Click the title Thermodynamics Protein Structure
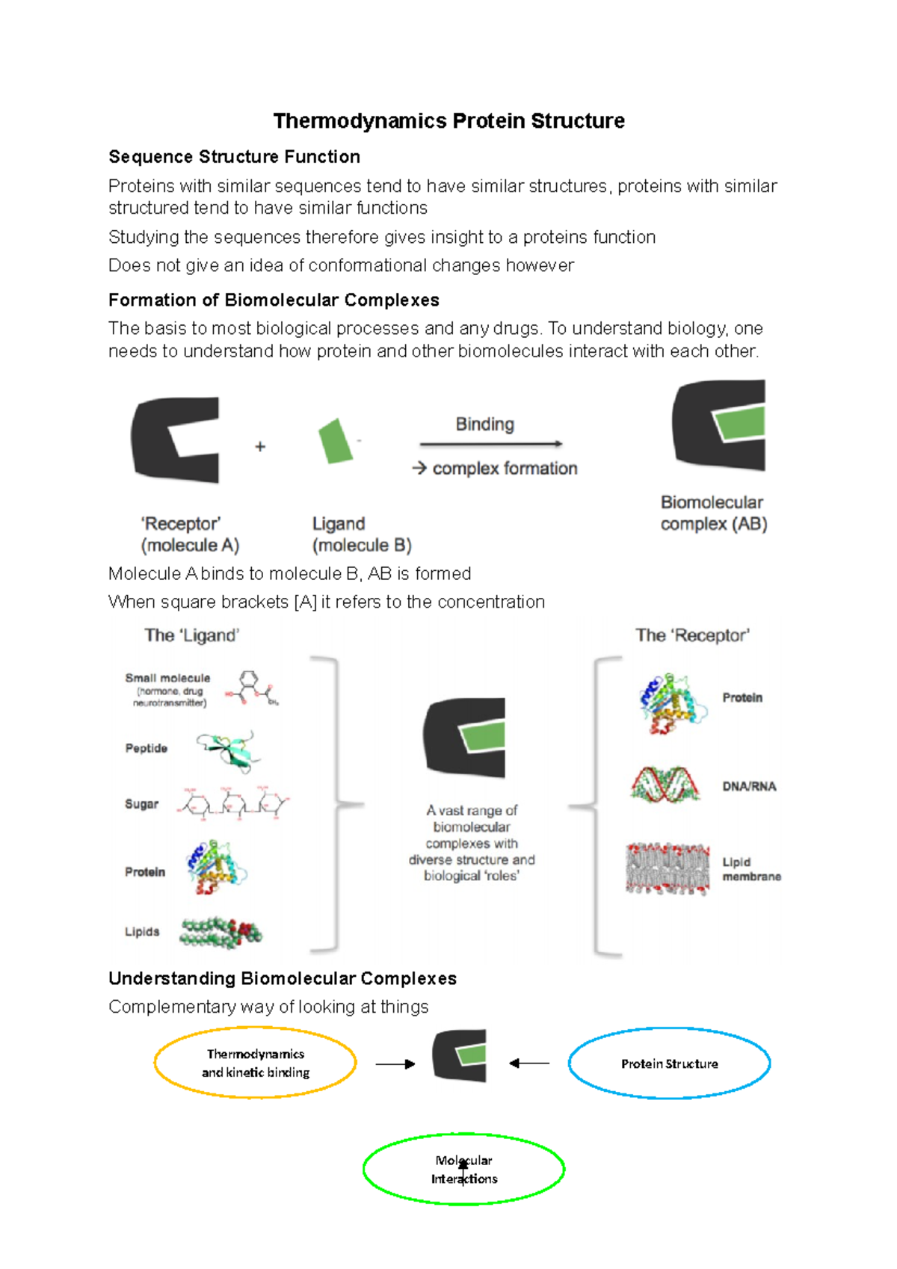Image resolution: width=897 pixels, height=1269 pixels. [x=449, y=121]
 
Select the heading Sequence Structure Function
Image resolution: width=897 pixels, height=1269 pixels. [x=234, y=157]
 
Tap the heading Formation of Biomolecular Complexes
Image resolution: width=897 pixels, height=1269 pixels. [x=274, y=300]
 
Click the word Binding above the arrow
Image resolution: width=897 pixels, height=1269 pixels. [x=485, y=424]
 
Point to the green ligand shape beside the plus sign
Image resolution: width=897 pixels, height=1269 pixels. [x=336, y=441]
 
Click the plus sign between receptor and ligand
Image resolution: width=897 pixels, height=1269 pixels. [x=260, y=447]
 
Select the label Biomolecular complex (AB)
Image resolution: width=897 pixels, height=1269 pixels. [x=713, y=513]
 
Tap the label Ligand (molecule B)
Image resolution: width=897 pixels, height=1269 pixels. [x=361, y=534]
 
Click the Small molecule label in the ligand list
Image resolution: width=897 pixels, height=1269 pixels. [x=167, y=679]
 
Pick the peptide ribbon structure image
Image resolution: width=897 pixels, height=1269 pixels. [x=229, y=750]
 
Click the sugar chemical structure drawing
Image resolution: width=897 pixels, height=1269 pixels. [x=233, y=804]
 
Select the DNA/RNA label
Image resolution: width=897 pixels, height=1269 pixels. [x=749, y=786]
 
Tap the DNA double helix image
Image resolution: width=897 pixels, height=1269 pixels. [x=665, y=785]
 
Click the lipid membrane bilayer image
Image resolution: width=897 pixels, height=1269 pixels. [x=668, y=868]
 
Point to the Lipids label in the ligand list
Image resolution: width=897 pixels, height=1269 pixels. [x=142, y=932]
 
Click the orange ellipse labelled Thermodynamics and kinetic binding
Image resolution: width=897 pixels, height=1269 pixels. [x=255, y=1063]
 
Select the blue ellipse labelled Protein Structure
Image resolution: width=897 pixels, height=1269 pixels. [x=669, y=1063]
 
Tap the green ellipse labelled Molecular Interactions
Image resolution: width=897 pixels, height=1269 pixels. [x=463, y=1170]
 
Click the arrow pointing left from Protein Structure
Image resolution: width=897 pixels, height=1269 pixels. [x=529, y=1063]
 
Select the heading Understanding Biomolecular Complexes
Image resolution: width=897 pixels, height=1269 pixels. [x=282, y=979]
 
